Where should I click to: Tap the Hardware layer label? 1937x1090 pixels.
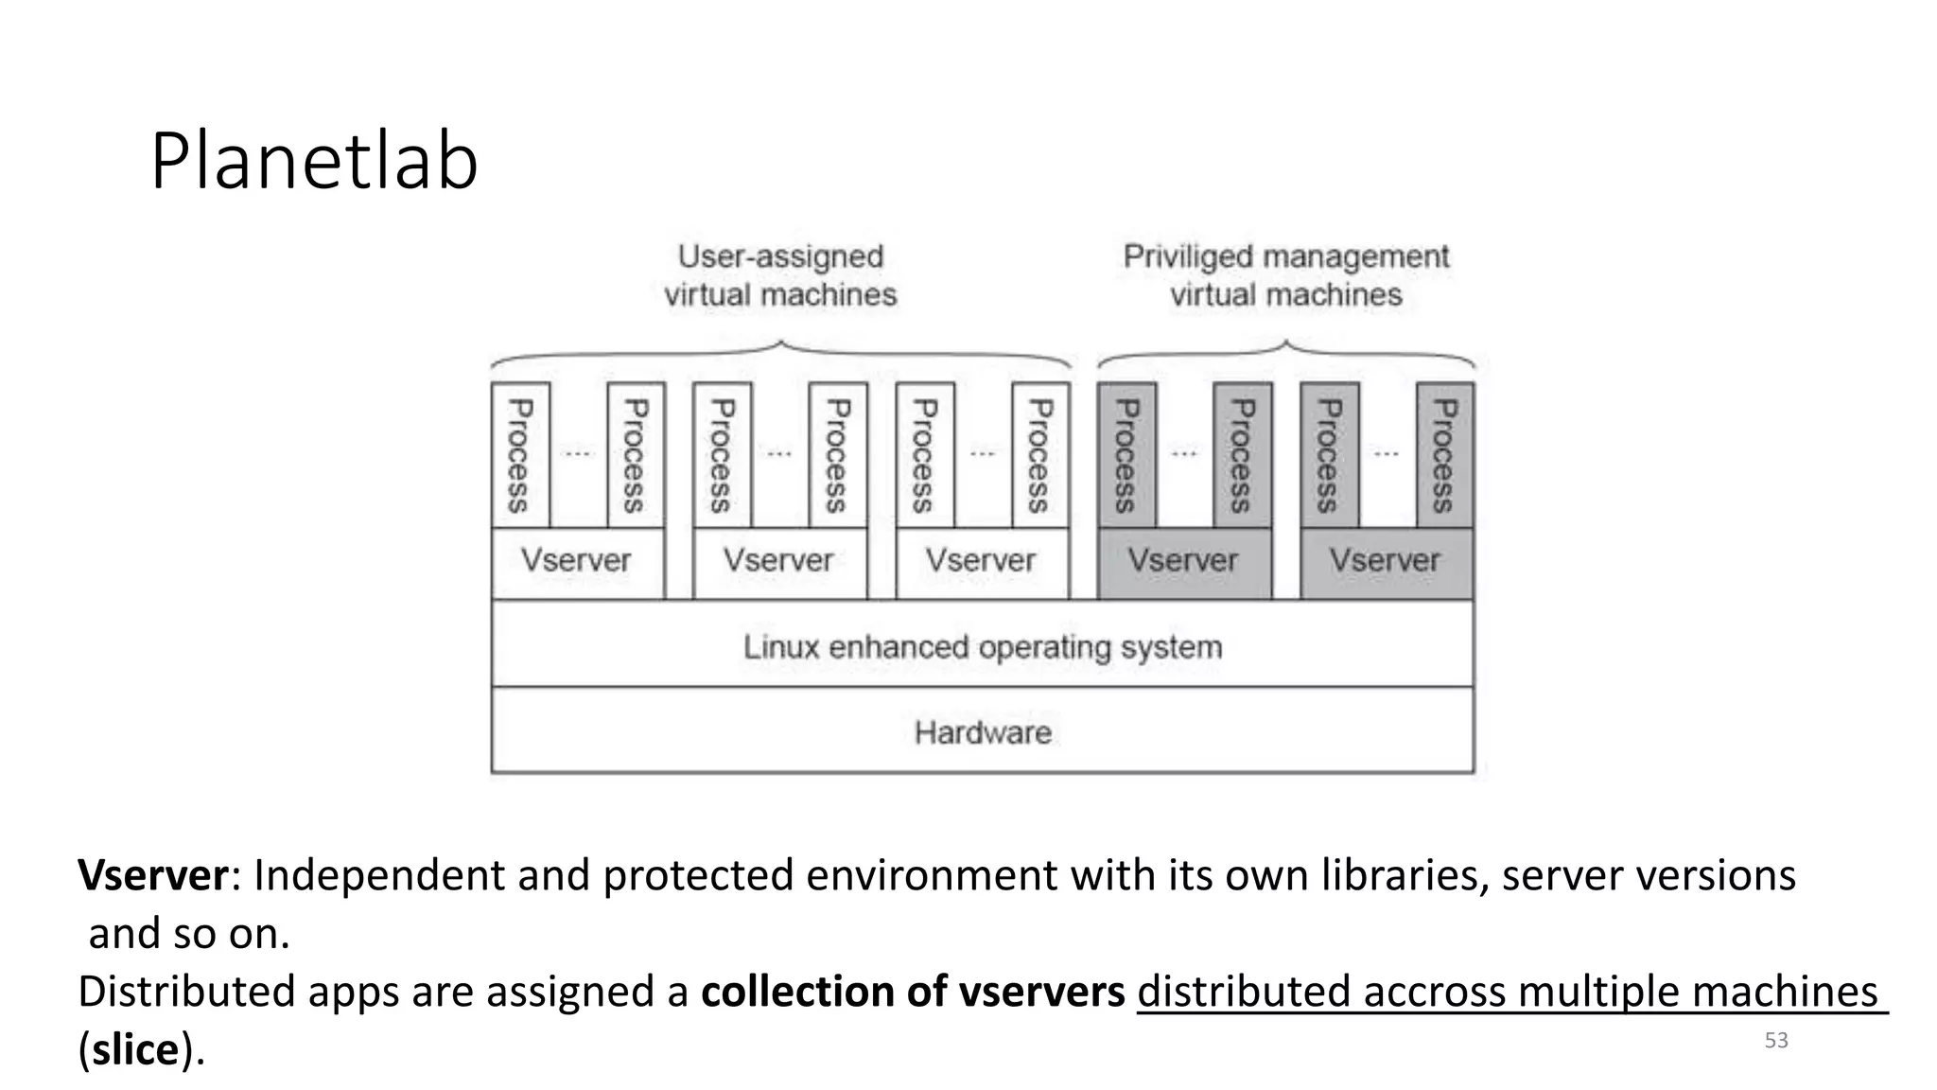pyautogui.click(x=982, y=732)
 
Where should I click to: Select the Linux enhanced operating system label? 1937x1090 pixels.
pyautogui.click(x=982, y=647)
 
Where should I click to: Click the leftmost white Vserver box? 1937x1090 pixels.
pyautogui.click(x=576, y=561)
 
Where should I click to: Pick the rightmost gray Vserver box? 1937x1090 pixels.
pyautogui.click(x=1385, y=561)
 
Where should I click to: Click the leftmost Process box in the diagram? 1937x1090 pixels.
pyautogui.click(x=519, y=455)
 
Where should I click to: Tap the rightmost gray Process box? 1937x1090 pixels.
pyautogui.click(x=1443, y=455)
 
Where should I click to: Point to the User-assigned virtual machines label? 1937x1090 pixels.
pyautogui.click(x=780, y=275)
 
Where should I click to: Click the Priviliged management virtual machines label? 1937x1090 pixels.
pyautogui.click(x=1285, y=275)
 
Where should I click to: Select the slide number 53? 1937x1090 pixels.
pyautogui.click(x=1775, y=1041)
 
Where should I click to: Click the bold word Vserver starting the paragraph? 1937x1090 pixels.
pyautogui.click(x=152, y=875)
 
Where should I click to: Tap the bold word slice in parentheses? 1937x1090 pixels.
pyautogui.click(x=136, y=1049)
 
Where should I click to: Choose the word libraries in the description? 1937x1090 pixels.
pyautogui.click(x=1404, y=875)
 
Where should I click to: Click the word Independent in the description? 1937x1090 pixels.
pyautogui.click(x=378, y=875)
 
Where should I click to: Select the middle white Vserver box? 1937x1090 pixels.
pyautogui.click(x=778, y=561)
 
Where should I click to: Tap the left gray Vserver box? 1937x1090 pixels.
pyautogui.click(x=1182, y=561)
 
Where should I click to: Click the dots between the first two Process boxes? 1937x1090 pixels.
pyautogui.click(x=577, y=453)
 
